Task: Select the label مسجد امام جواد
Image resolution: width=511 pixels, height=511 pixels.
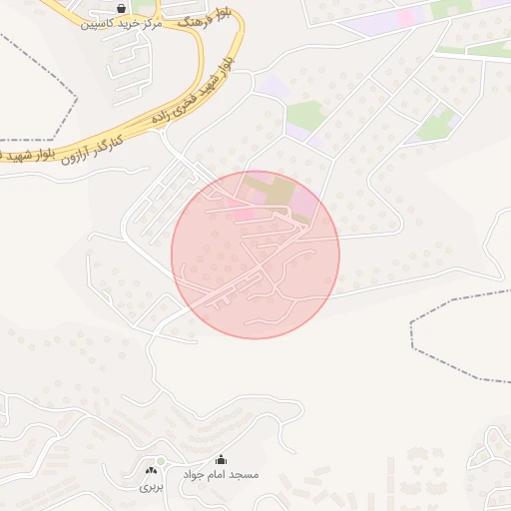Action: [x=220, y=475]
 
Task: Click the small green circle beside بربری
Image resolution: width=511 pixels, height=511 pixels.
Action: [x=161, y=461]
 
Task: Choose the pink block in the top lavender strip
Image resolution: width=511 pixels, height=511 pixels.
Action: [x=407, y=15]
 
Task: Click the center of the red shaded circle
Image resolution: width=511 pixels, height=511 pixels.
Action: [x=255, y=255]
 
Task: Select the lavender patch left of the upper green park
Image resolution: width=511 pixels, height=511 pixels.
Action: [x=275, y=88]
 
